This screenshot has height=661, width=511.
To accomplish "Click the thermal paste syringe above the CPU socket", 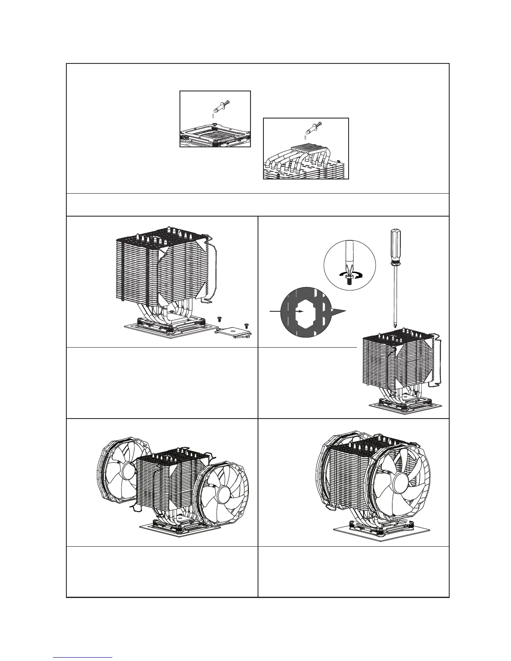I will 220,106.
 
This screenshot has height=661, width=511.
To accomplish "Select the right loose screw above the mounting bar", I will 246,324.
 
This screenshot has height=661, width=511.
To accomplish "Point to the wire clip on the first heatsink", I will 214,271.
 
